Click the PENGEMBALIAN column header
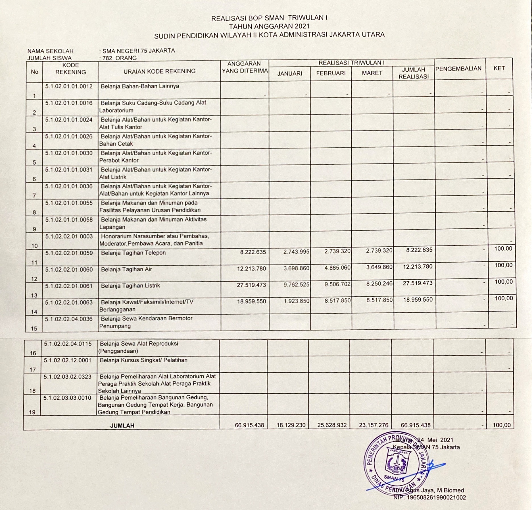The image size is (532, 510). click(x=458, y=69)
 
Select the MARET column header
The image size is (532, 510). click(x=372, y=73)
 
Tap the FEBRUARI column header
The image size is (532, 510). click(x=331, y=73)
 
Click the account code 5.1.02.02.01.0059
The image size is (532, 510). click(x=69, y=253)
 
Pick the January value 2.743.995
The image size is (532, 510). click(x=296, y=251)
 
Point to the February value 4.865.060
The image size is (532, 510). click(x=337, y=268)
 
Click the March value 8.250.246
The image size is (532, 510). click(x=379, y=284)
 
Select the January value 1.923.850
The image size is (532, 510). click(x=296, y=301)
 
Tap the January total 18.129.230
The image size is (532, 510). click(x=291, y=425)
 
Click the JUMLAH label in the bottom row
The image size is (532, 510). click(x=122, y=426)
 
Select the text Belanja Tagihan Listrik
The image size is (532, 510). click(x=130, y=286)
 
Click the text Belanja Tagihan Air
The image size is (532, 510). click(x=126, y=269)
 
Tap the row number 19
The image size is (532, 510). click(x=32, y=412)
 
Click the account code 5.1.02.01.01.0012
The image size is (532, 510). click(x=69, y=86)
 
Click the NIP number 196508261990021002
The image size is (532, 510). click(x=429, y=497)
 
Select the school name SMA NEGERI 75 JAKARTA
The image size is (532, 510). click(x=139, y=51)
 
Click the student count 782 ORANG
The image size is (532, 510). click(x=120, y=58)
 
